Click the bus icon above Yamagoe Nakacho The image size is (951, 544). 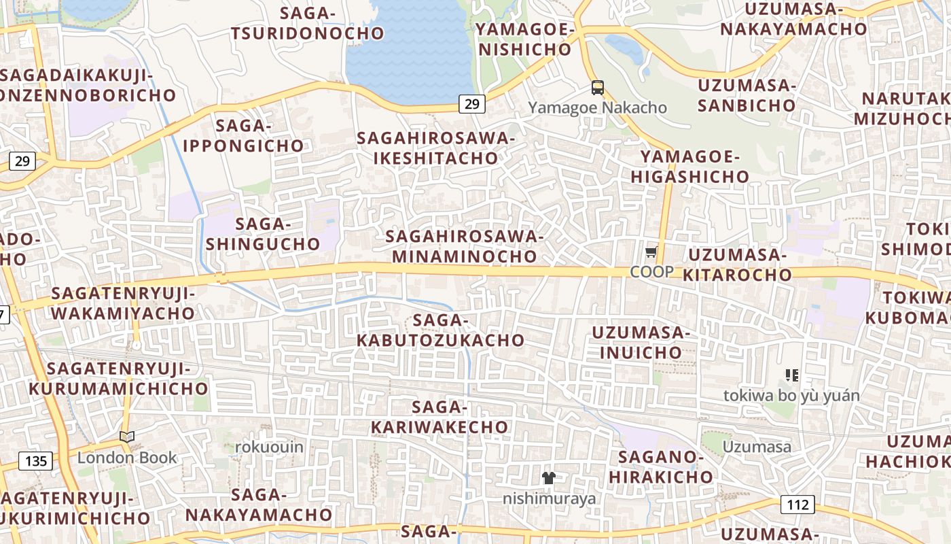tap(598, 88)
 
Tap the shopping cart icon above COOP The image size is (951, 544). tap(651, 252)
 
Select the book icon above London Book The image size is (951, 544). tap(127, 437)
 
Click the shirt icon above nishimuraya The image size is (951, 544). tap(549, 478)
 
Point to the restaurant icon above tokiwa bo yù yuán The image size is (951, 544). tap(791, 375)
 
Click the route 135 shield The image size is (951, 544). tap(36, 461)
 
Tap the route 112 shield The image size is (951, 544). tap(797, 505)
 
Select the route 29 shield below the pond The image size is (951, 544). tap(472, 104)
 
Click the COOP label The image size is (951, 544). tap(651, 272)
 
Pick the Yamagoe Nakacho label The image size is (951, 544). tap(598, 107)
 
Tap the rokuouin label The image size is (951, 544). tap(270, 447)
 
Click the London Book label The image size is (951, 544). tap(127, 457)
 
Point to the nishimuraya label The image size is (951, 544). tap(550, 498)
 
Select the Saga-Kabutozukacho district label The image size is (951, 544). tap(441, 330)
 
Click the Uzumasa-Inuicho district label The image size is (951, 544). tap(641, 343)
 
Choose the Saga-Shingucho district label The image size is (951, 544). tap(263, 233)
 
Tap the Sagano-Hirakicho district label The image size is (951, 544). tap(661, 466)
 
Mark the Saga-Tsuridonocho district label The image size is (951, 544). tap(307, 22)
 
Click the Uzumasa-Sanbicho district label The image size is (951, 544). tap(747, 95)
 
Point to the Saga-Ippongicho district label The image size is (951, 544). tap(243, 135)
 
